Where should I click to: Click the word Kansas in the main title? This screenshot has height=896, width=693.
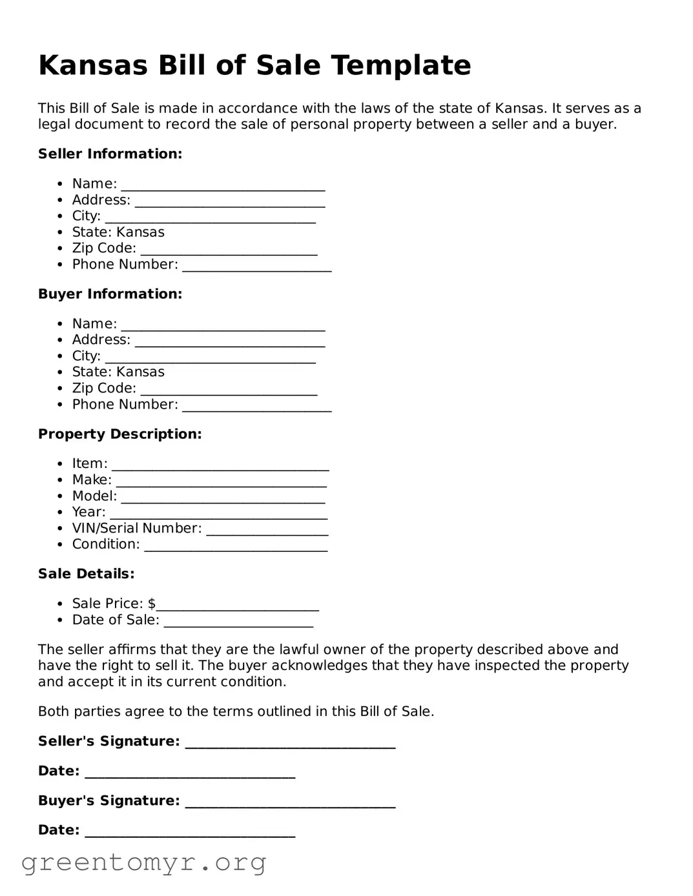click(93, 66)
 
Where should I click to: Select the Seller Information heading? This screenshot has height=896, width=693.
click(110, 154)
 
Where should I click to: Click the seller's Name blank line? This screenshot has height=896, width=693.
click(223, 187)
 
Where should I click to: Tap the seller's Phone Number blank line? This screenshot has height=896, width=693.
click(256, 268)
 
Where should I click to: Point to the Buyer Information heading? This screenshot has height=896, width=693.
click(110, 294)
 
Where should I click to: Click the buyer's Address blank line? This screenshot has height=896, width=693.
click(229, 343)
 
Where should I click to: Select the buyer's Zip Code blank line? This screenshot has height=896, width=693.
click(229, 392)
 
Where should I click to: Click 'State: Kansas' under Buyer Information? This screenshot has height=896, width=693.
click(118, 372)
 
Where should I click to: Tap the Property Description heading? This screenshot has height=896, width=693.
click(119, 434)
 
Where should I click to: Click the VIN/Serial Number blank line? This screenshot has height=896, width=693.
click(267, 532)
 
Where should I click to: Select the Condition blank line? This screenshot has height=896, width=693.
click(236, 548)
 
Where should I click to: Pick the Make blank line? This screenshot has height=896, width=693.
click(221, 484)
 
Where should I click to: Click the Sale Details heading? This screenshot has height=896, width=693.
click(86, 573)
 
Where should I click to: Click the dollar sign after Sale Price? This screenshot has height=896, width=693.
click(152, 604)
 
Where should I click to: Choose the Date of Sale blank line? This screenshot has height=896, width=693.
click(238, 624)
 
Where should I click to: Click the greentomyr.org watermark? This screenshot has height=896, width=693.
click(143, 862)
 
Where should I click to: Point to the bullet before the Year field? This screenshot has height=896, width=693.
click(59, 513)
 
